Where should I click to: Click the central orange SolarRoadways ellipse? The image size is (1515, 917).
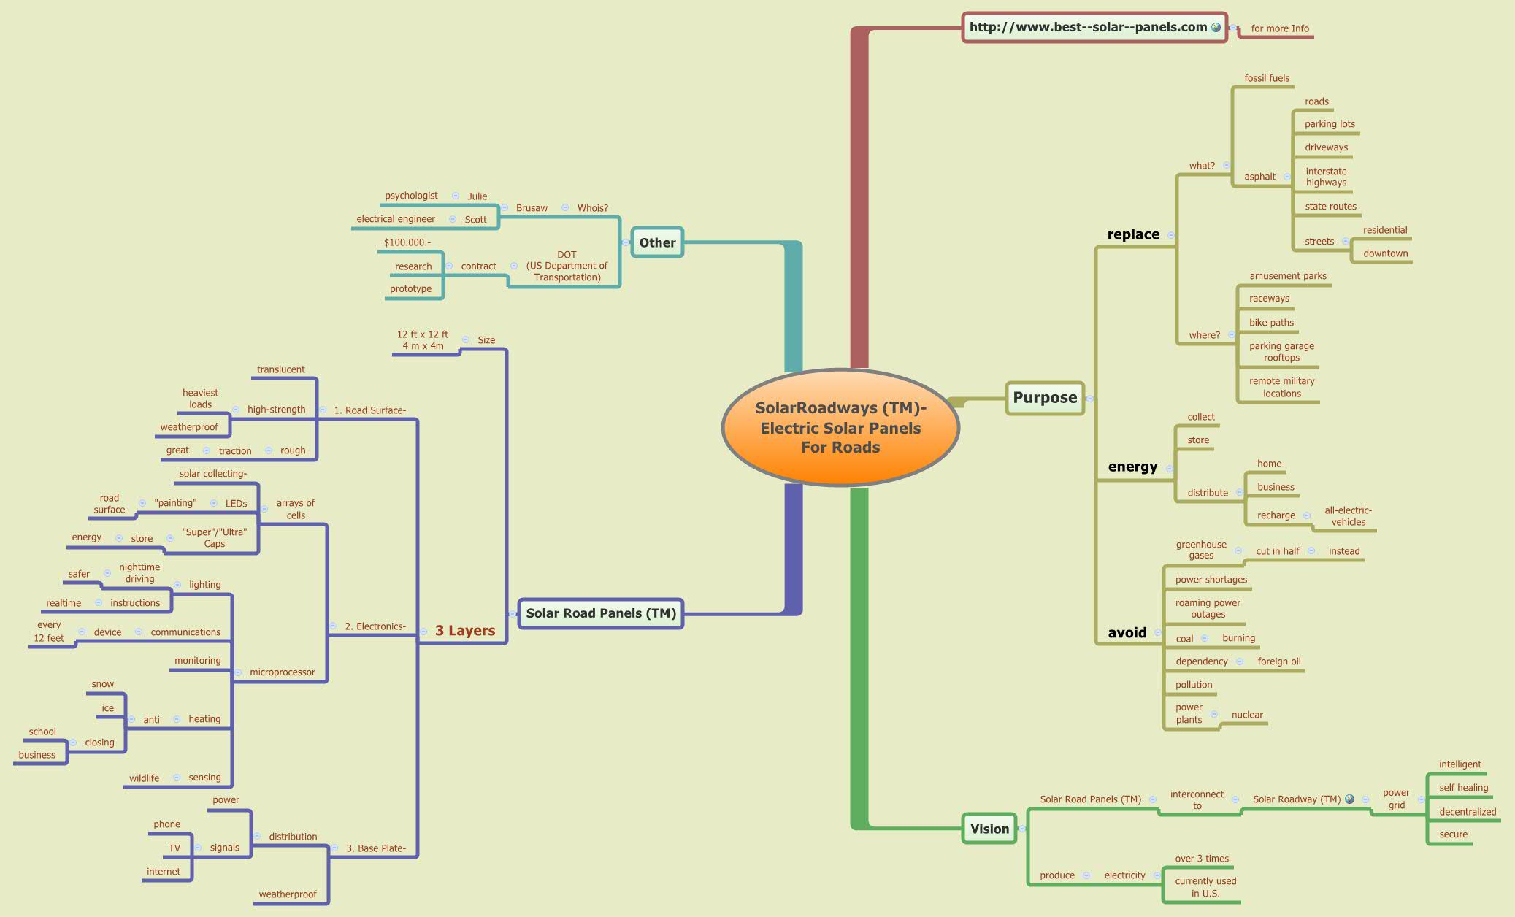840,428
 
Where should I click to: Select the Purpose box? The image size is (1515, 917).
1045,398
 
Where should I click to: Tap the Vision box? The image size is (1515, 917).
989,829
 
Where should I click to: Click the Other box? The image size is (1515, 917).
657,242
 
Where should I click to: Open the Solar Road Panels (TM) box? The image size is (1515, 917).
600,613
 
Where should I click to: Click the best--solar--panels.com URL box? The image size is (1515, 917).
1094,27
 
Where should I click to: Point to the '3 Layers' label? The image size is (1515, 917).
465,631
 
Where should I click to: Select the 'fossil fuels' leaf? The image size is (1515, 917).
1267,78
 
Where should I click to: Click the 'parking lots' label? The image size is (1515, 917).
1330,124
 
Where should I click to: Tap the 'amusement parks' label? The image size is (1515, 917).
1288,276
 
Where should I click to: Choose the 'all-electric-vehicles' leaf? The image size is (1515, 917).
1348,516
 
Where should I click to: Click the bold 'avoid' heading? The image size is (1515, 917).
1127,633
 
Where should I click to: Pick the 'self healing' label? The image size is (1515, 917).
1463,788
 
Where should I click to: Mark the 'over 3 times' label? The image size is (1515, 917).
1202,859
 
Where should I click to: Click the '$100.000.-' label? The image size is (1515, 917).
407,242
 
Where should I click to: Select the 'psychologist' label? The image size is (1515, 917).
411,196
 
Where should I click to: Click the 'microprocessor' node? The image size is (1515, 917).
283,672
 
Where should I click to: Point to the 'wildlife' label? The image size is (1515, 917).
144,778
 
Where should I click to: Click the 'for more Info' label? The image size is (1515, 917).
1280,29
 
